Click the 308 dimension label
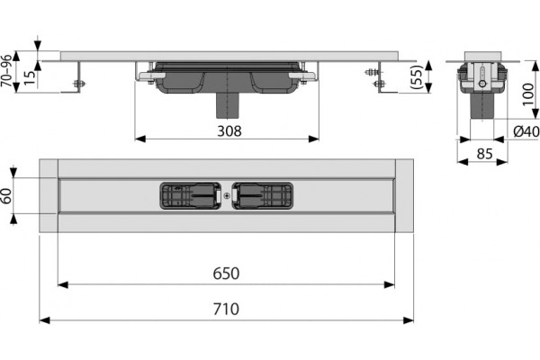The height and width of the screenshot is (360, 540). click(229, 131)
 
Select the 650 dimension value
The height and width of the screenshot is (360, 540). click(226, 274)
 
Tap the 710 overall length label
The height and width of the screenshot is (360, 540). click(226, 309)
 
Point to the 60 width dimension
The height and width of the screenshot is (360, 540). click(7, 196)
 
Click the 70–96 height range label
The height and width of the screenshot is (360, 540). click(6, 70)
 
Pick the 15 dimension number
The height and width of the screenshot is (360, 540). click(30, 78)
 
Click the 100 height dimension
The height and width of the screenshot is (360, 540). click(528, 94)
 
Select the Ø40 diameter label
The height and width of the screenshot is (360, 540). click(526, 131)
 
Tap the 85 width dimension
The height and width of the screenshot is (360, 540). click(484, 154)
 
